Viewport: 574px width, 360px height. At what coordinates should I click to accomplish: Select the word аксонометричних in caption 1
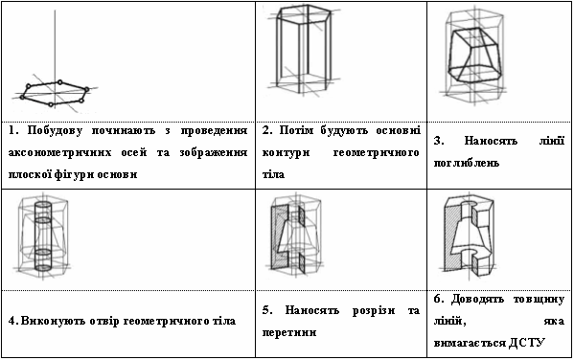(59, 152)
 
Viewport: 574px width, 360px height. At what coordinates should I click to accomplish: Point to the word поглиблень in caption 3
(466, 163)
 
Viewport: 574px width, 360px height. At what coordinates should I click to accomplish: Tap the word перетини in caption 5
(289, 332)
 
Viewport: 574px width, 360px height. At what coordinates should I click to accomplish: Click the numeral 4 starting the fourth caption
(11, 321)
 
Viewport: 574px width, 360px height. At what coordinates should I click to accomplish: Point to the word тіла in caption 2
(273, 174)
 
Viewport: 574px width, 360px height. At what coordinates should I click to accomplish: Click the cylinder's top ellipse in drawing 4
(43, 203)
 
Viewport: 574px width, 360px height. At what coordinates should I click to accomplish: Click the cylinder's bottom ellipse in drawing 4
(43, 268)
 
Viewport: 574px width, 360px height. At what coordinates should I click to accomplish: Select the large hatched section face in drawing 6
(451, 237)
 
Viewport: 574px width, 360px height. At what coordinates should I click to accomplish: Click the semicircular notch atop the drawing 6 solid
(470, 203)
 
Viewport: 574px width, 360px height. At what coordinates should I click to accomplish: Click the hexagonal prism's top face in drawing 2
(304, 14)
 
